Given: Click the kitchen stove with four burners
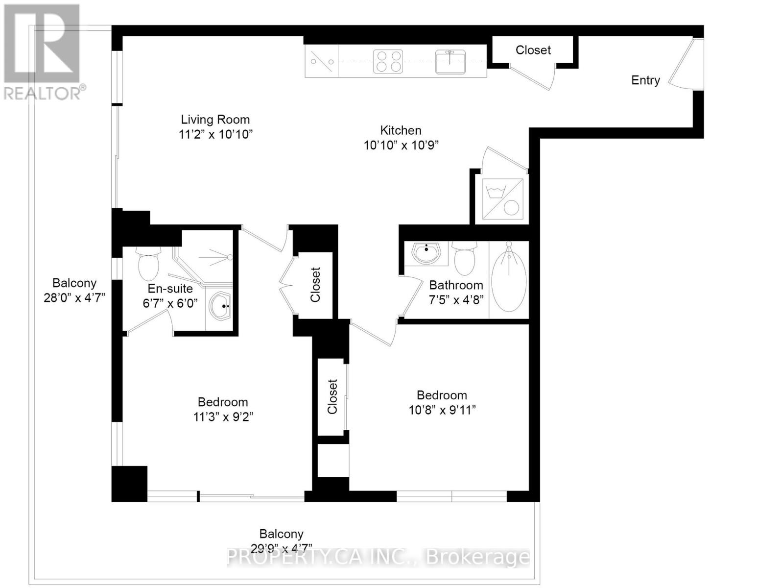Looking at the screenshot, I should (x=388, y=62).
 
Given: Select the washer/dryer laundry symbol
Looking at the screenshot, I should (x=502, y=198).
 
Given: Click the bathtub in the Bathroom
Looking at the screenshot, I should (x=509, y=277).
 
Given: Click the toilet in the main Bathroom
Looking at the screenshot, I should (x=464, y=258).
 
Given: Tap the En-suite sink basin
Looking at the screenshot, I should (x=220, y=306).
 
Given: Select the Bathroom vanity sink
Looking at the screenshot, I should (x=426, y=253).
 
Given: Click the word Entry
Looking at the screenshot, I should (x=645, y=80).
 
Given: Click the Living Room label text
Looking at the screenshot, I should (x=215, y=120).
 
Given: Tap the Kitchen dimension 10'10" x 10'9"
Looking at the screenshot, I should (x=401, y=146).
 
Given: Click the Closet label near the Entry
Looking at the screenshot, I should (x=533, y=50).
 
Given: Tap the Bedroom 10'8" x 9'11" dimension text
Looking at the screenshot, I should (x=442, y=410).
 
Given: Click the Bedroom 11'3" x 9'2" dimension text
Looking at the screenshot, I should (x=223, y=417).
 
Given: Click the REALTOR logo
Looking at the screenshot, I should (x=43, y=51).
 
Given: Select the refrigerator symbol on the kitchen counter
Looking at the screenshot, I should (x=321, y=62).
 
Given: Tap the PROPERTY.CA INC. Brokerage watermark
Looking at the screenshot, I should (x=378, y=558).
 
